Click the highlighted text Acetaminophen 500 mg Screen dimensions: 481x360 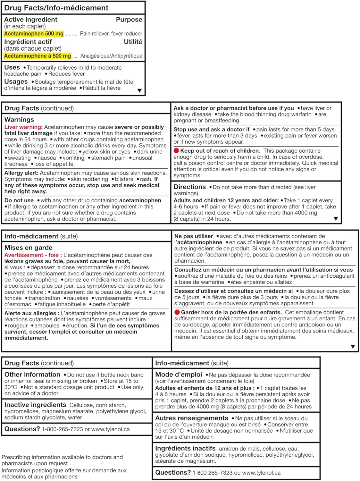[x=34, y=34]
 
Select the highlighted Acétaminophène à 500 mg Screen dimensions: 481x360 [x=38, y=56]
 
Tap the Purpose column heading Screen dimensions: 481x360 [x=129, y=20]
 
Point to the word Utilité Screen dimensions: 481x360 [x=133, y=42]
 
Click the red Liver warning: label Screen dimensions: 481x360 [x=23, y=127]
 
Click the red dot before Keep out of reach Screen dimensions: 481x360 [x=176, y=151]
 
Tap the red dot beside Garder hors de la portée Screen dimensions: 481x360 [x=177, y=312]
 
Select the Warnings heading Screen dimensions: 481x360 [x=19, y=120]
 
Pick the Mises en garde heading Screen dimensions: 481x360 [x=28, y=248]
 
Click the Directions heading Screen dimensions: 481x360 [x=189, y=187]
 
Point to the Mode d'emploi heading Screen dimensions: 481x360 [x=179, y=375]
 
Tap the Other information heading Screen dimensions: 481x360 [x=32, y=375]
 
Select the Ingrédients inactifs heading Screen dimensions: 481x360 [x=185, y=448]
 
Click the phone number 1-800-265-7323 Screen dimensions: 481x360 [x=62, y=429]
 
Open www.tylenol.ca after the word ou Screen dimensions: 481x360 [x=261, y=473]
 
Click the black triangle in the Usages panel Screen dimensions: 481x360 [x=139, y=91]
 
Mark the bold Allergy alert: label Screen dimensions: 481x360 [x=21, y=173]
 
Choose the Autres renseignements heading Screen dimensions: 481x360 [x=192, y=418]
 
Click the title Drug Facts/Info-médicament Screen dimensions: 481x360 [x=56, y=8]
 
